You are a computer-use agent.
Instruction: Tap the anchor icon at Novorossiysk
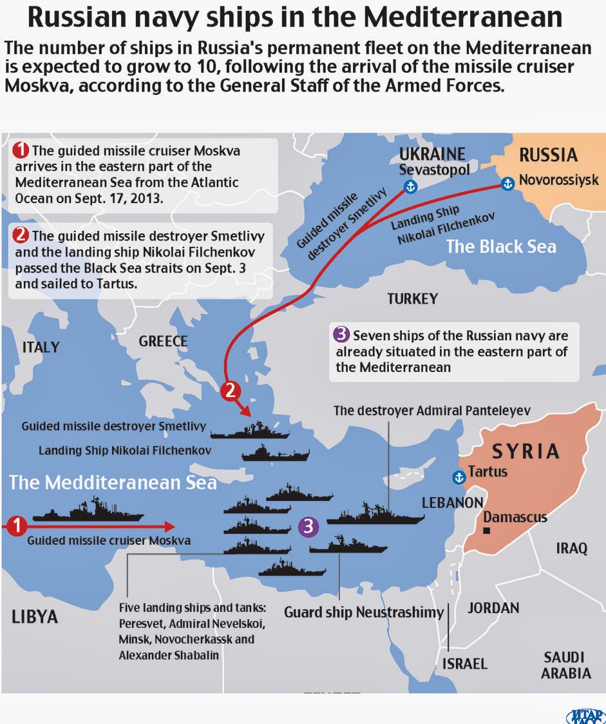point(507,184)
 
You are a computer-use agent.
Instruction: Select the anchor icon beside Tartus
point(459,478)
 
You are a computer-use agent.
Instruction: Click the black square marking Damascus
point(487,531)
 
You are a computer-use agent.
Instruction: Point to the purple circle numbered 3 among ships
point(309,527)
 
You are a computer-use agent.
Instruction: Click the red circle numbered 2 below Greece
point(231,390)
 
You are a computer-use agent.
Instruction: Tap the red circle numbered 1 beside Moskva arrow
point(17,526)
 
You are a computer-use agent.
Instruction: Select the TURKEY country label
point(412,298)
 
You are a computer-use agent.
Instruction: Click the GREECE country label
point(163,341)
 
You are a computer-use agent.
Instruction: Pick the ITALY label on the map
point(41,347)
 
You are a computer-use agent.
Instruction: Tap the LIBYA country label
point(35,616)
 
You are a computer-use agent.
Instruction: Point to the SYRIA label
point(526,451)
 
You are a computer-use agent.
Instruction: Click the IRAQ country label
point(572,548)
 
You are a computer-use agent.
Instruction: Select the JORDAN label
point(493,607)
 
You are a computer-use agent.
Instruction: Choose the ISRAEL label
point(464,663)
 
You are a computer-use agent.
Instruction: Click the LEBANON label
point(452,502)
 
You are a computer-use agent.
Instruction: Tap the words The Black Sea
point(501,246)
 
